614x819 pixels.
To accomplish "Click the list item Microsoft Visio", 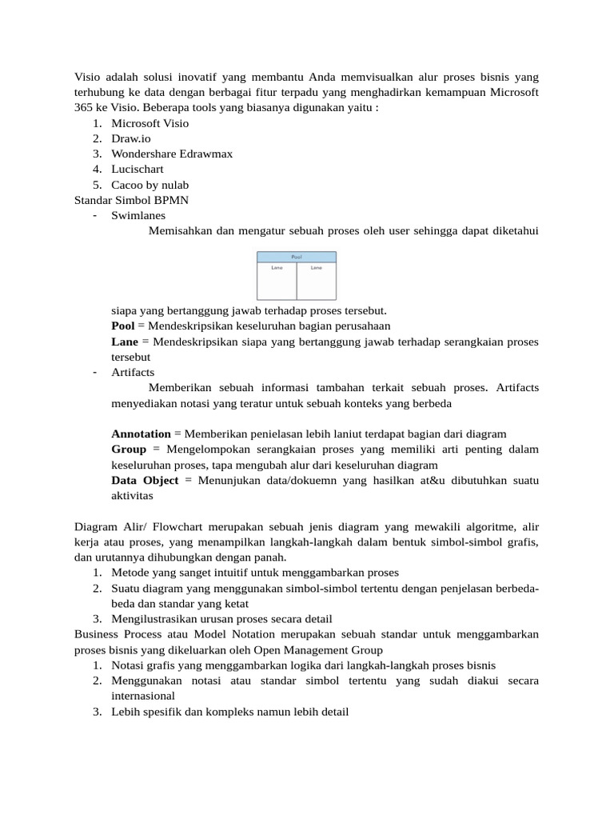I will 150,123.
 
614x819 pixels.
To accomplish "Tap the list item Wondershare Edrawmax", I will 172,154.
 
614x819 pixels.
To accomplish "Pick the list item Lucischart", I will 138,169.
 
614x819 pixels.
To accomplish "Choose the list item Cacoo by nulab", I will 150,185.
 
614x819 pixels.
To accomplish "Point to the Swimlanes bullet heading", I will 139,215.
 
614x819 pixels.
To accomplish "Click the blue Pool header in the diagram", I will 297,257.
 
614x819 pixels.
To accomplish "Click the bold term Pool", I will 122,326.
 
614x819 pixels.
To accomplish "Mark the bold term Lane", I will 124,342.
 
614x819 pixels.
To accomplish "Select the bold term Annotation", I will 141,433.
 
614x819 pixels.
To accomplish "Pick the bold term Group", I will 128,449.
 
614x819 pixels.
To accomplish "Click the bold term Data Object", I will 145,480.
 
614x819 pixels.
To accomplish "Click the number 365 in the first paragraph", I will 84,108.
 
